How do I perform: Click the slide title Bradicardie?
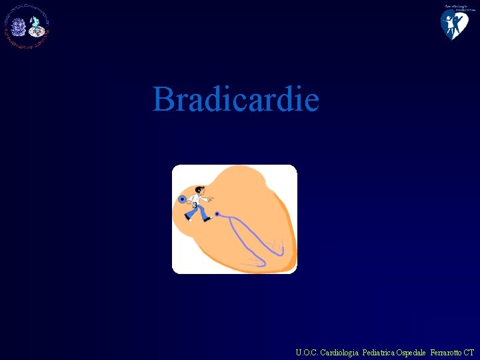pos(236,99)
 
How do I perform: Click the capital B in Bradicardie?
pos(163,99)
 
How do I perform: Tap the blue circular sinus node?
pos(182,199)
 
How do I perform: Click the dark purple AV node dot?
pos(217,214)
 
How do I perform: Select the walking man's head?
pos(198,191)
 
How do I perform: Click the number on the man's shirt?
pos(194,205)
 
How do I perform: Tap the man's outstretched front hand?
pos(212,198)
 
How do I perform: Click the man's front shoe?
pos(207,219)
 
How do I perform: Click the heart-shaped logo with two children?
pos(454,23)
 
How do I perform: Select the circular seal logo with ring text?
pos(27,27)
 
